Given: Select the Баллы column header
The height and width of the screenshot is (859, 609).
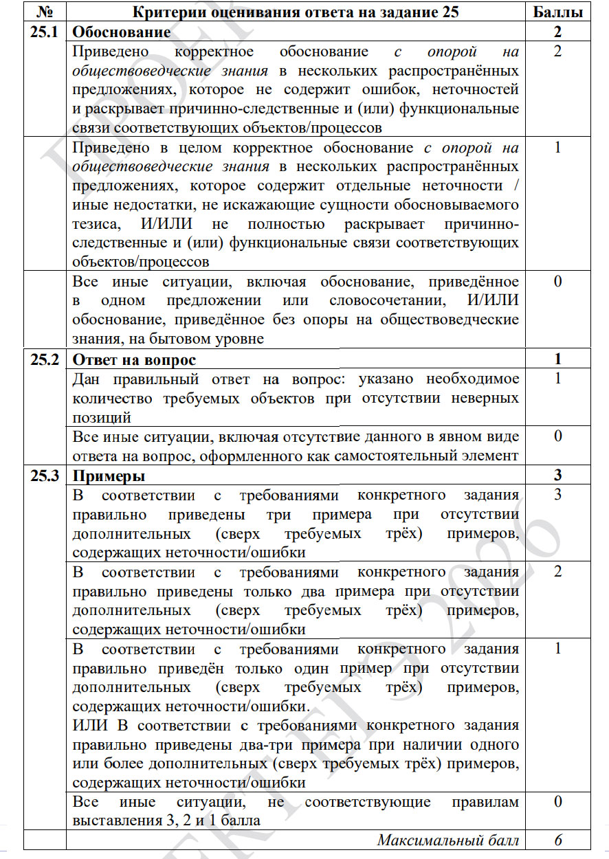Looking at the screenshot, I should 557,12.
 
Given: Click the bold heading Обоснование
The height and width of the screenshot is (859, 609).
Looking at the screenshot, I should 122,32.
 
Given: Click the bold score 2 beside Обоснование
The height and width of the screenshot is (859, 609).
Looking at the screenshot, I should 557,32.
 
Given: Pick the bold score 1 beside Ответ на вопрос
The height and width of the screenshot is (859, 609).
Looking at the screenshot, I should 557,359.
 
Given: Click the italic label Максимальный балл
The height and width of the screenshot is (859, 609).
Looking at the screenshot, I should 447,840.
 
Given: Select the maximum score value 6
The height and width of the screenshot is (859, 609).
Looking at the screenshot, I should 557,840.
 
